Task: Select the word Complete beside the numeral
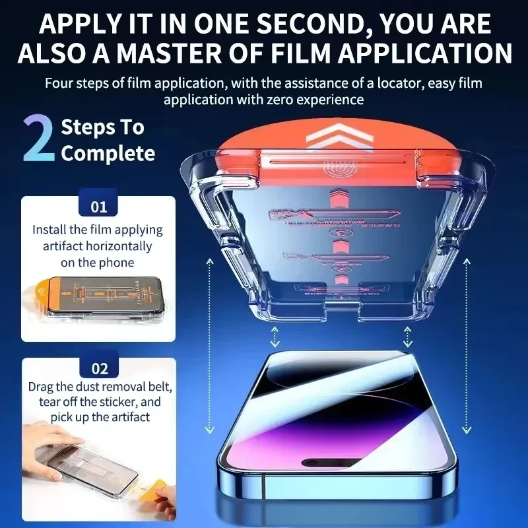(108, 154)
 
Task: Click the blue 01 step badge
(98, 207)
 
